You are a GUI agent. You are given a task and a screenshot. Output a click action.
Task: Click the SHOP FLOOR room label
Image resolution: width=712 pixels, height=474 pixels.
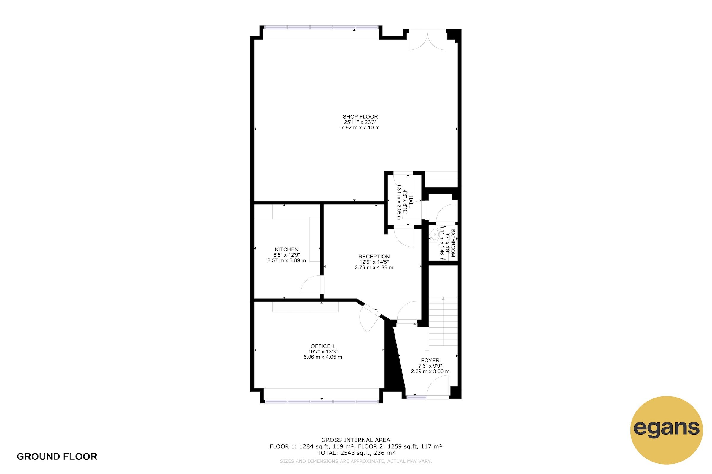(x=360, y=117)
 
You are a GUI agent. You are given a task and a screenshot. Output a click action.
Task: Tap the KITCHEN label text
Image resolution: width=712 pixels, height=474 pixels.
(x=286, y=249)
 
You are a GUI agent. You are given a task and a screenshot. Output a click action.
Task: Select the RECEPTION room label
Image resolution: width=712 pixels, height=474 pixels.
(x=374, y=257)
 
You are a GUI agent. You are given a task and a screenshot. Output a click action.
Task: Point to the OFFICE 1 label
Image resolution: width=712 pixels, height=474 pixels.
(x=323, y=346)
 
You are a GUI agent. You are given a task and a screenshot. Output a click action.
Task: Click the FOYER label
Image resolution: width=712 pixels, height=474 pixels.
(x=430, y=360)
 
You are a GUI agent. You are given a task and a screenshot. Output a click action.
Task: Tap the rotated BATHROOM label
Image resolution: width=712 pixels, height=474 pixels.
(x=453, y=243)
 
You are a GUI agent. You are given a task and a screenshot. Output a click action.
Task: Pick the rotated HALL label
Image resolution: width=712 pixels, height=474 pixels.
(x=411, y=202)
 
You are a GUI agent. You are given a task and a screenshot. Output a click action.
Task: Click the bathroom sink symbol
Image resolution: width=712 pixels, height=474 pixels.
(x=434, y=234)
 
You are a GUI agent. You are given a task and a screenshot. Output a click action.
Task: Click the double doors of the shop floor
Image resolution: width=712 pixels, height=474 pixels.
(x=427, y=41)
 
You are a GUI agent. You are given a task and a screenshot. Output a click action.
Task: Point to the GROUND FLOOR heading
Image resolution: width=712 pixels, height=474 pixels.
(x=57, y=457)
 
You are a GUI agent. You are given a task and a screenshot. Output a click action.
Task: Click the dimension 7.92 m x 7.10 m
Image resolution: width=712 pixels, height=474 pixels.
(x=360, y=128)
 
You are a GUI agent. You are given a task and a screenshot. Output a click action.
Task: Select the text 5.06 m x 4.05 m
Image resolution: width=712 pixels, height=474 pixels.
(x=323, y=357)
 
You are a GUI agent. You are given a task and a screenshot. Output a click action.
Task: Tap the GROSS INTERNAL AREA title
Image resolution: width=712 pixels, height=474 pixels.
(x=356, y=440)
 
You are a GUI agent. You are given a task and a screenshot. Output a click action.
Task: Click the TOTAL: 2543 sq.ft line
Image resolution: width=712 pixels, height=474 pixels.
(x=356, y=453)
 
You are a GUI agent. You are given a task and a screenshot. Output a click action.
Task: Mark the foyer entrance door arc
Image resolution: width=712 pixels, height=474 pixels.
(x=437, y=385)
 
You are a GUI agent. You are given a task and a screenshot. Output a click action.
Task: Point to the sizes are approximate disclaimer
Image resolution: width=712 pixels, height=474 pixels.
(x=356, y=461)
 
